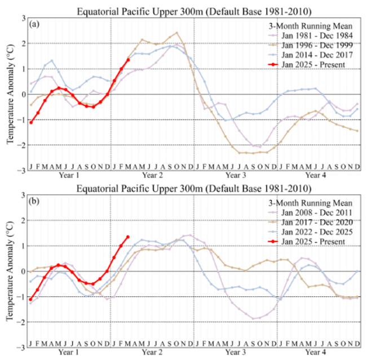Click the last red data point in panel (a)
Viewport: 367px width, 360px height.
[x=128, y=60]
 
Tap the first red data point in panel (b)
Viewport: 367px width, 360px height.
[x=31, y=300]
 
